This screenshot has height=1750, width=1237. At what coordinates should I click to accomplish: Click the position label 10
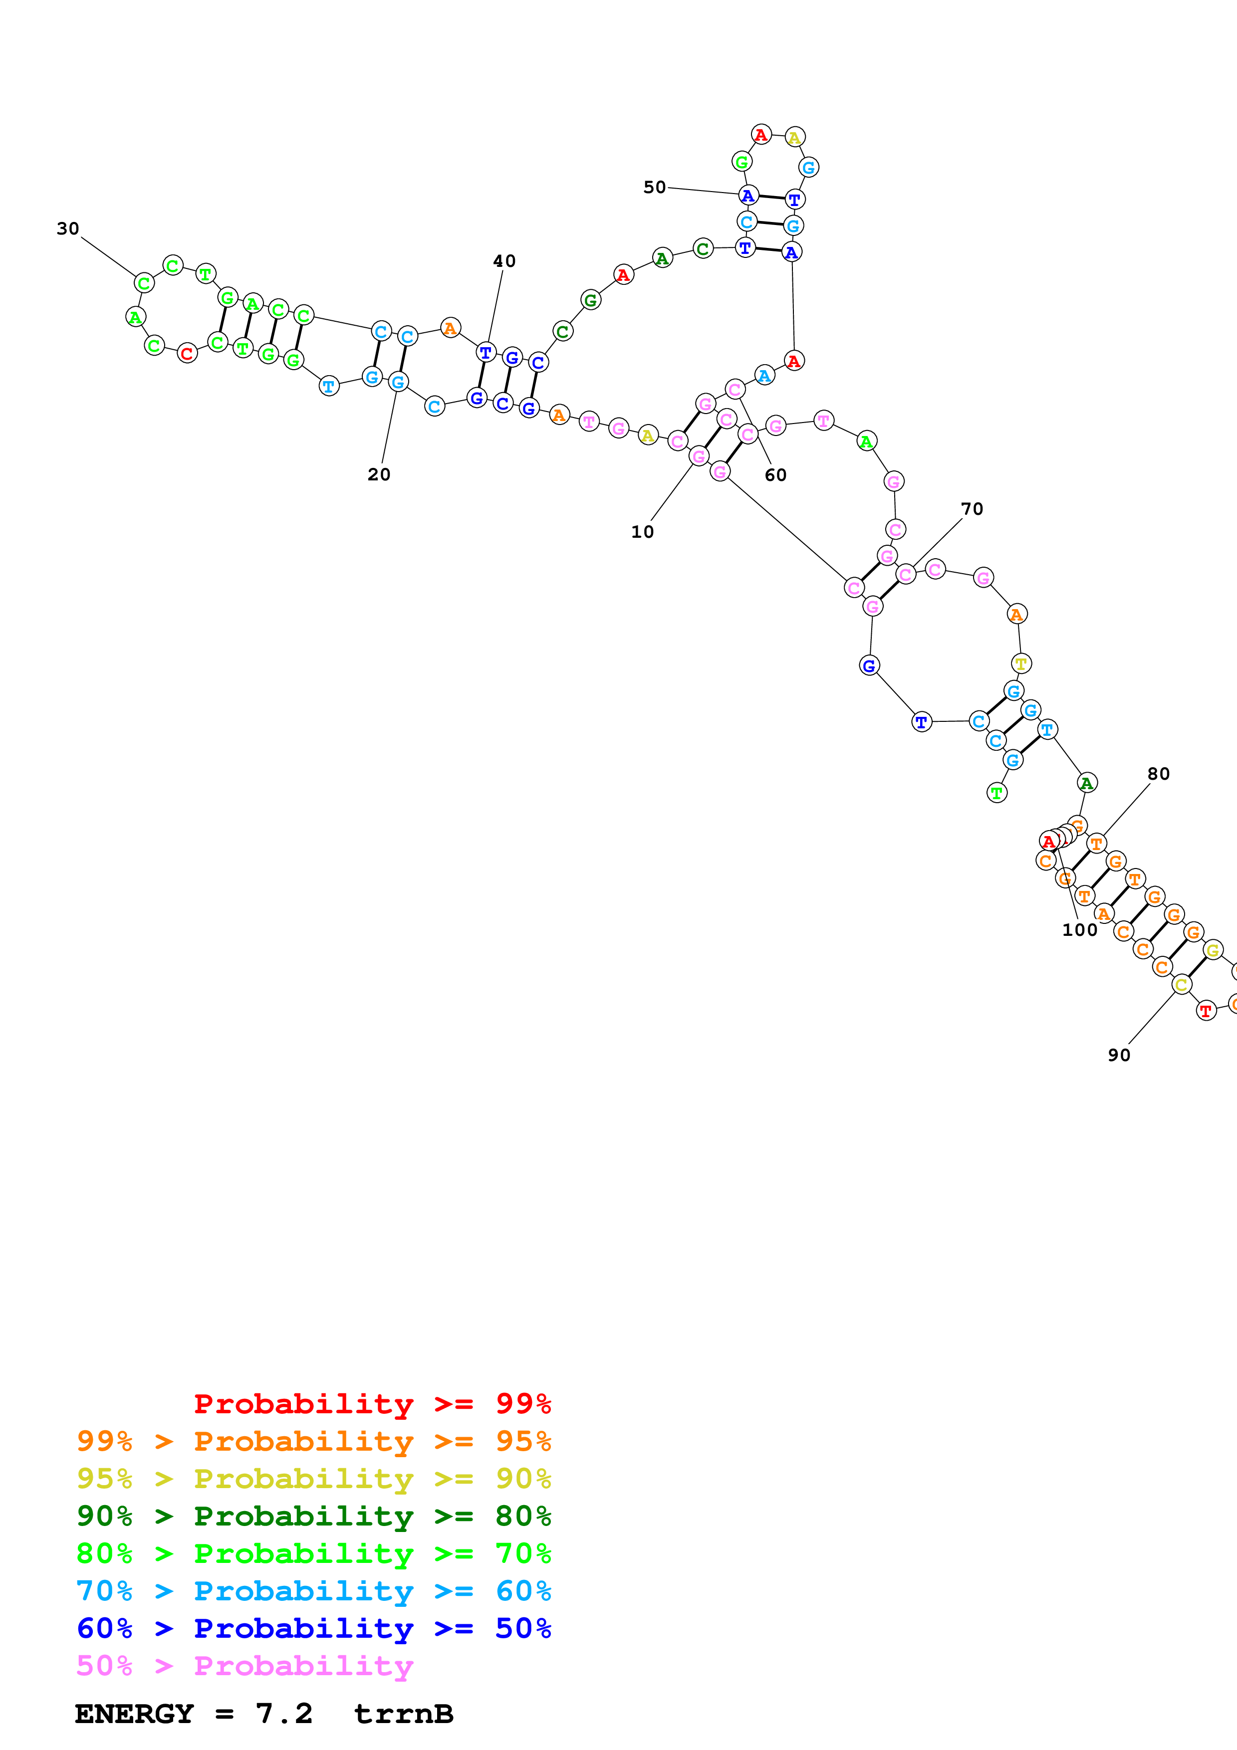pos(642,532)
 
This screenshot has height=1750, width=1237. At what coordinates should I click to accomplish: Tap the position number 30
pos(68,228)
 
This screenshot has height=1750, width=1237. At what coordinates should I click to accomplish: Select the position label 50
pos(654,188)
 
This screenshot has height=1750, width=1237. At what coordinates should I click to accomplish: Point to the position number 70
pos(972,509)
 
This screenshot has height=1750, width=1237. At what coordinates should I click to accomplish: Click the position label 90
pos(1119,1055)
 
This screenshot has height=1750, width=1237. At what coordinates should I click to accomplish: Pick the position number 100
pos(1079,930)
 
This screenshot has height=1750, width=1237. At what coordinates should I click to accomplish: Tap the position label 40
pos(504,261)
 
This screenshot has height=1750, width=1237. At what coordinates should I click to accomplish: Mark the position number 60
pos(775,475)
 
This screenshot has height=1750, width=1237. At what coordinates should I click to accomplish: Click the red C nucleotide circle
pos(187,354)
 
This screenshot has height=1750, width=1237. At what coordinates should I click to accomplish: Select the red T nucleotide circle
pos(1205,1011)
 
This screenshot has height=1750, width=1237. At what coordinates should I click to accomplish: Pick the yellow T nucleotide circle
pos(1020,664)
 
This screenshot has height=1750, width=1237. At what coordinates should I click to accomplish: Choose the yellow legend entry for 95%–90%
pos(313,1479)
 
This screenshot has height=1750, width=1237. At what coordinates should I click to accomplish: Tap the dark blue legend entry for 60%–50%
pos(313,1629)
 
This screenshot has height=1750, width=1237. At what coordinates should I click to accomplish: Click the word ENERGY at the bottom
pos(134,1714)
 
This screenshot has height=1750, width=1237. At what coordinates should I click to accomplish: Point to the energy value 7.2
pos(283,1714)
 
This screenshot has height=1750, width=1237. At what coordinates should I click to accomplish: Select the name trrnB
pos(403,1714)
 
